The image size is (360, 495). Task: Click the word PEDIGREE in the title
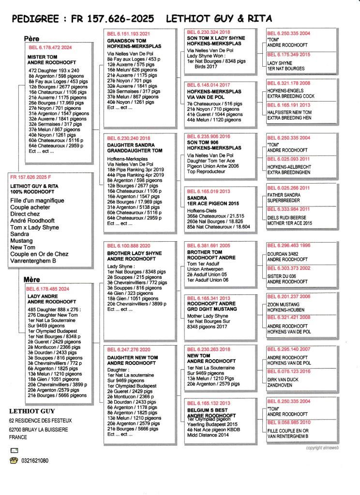pyautogui.click(x=35, y=19)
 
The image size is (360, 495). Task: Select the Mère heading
pyautogui.click(x=31, y=279)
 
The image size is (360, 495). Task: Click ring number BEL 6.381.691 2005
pyautogui.click(x=210, y=246)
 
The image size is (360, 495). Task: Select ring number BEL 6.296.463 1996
pyautogui.click(x=289, y=245)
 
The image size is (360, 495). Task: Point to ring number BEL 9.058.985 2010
pyautogui.click(x=289, y=422)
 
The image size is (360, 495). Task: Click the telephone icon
pyautogui.click(x=13, y=461)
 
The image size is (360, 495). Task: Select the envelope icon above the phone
pyautogui.click(x=13, y=450)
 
